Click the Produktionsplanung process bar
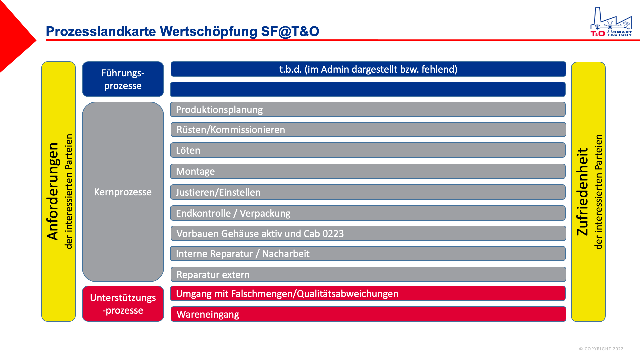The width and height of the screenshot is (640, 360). point(368,109)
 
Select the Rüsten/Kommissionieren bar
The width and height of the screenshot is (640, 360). point(368,129)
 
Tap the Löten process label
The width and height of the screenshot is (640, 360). point(188,150)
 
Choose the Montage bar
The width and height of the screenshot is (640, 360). point(368,171)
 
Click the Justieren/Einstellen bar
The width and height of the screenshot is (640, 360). point(368,192)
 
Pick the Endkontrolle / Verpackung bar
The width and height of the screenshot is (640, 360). point(368,213)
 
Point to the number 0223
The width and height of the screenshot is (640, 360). point(333,234)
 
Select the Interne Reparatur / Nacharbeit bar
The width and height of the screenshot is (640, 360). point(368,254)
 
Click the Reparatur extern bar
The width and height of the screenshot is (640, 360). point(368,274)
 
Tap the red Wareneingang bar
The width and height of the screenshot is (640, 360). point(368,314)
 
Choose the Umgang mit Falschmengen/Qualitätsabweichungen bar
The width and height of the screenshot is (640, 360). point(368,293)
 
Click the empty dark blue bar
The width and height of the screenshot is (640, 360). point(368,89)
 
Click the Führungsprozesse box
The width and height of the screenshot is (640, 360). point(123,79)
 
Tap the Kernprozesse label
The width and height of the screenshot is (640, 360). point(123,192)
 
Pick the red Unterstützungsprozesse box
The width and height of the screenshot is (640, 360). point(123,304)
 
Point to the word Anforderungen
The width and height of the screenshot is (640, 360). point(53,192)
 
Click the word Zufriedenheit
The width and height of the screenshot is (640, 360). point(582,192)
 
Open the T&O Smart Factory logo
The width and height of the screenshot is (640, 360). point(611,22)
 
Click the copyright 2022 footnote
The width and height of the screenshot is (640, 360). point(601,349)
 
